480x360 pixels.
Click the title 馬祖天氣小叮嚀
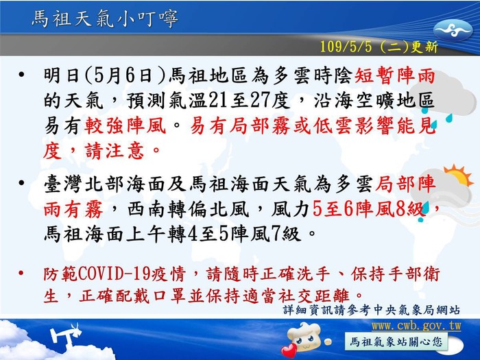point(105,19)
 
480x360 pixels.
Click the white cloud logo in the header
point(453,31)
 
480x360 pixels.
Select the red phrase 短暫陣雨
point(395,75)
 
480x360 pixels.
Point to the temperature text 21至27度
point(249,100)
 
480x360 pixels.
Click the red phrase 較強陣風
point(125,125)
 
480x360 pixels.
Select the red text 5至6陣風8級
point(368,210)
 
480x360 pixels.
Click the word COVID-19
point(115,274)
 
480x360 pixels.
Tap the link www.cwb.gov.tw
point(416,326)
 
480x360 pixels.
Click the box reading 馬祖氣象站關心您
point(396,342)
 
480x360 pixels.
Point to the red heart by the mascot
point(289,350)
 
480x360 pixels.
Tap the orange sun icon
point(458,176)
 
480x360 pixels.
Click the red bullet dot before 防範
point(21,273)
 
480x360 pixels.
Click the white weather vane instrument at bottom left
point(67,336)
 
